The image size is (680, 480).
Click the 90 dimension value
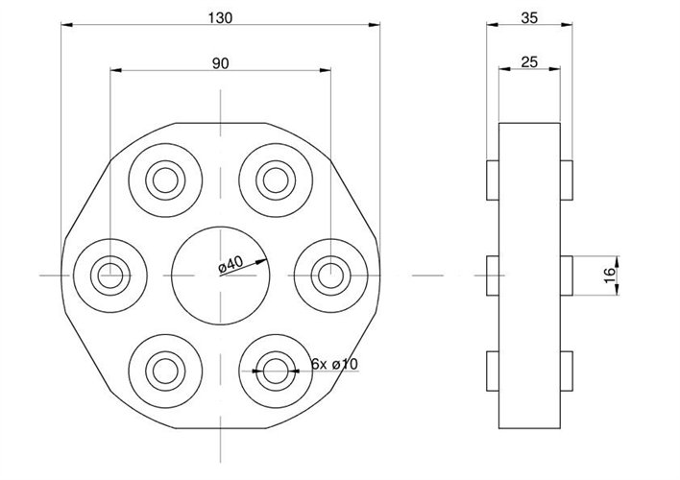(x=220, y=62)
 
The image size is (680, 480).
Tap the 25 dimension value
(x=527, y=62)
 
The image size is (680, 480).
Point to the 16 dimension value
(x=608, y=276)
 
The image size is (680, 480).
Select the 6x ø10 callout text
(x=335, y=365)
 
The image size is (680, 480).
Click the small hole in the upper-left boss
(x=165, y=179)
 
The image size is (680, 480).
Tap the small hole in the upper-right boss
(x=277, y=179)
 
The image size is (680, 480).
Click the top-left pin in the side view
(x=493, y=179)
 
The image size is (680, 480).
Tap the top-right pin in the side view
(x=568, y=179)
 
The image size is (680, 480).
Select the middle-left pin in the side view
(x=493, y=276)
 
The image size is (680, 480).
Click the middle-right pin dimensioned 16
(x=568, y=276)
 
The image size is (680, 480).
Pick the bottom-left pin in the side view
(x=493, y=372)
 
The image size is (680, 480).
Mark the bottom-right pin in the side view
(x=568, y=372)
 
